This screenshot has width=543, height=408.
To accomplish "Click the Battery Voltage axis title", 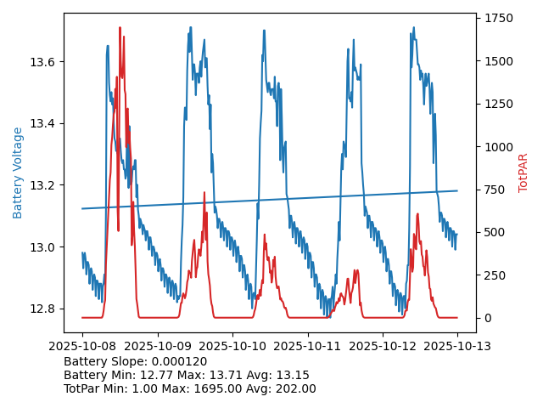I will (x=18, y=173).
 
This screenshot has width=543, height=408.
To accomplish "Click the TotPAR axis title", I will (x=523, y=173).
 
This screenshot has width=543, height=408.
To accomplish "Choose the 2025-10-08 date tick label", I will (x=82, y=346).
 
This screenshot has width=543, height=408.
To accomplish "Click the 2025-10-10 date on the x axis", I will (x=232, y=346).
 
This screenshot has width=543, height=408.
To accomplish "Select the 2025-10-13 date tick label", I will (x=457, y=346).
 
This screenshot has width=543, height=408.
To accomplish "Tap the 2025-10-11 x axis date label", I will (x=307, y=346).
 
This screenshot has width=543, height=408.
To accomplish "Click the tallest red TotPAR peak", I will (x=120, y=28).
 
